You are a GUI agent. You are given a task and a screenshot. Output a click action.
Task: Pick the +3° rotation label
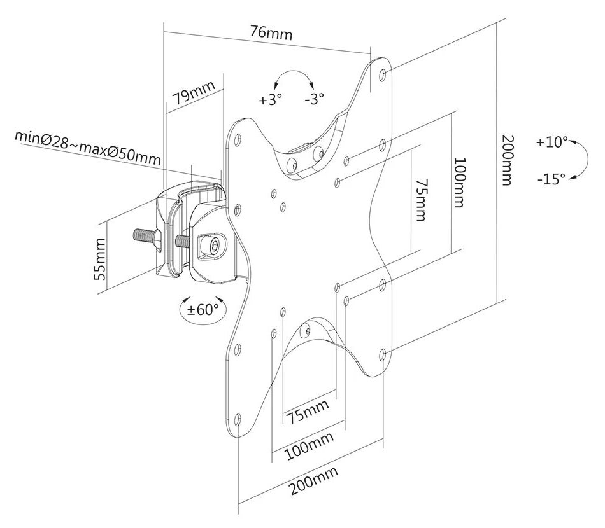coord(270,99)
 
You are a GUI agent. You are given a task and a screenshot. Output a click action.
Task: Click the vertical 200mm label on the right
coord(506,160)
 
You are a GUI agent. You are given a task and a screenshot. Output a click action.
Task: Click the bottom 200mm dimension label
coord(313,482)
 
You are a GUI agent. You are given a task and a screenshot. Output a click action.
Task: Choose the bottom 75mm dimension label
coord(308,411)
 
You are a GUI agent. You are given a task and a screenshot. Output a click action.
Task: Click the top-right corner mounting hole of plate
coord(382,74)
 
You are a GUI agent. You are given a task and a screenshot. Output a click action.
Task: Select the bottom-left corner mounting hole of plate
coord(238,420)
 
